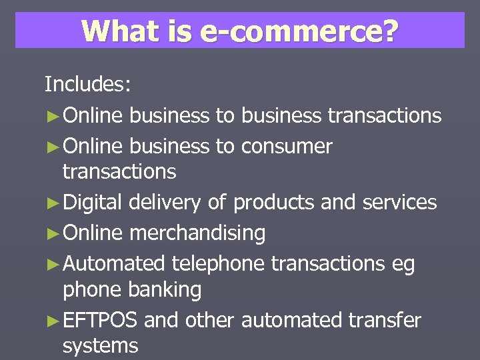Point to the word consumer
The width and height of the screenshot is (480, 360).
[287, 146]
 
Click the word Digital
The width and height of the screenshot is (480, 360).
[93, 201]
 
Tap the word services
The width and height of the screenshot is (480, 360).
[399, 201]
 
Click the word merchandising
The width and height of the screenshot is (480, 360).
[197, 233]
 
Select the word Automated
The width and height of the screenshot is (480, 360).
[113, 263]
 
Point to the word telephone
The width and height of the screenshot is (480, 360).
[218, 263]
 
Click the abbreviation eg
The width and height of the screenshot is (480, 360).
[403, 265]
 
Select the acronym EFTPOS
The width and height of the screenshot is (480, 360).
[100, 320]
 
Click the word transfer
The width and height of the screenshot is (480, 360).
[385, 320]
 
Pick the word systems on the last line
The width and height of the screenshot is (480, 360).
[100, 345]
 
